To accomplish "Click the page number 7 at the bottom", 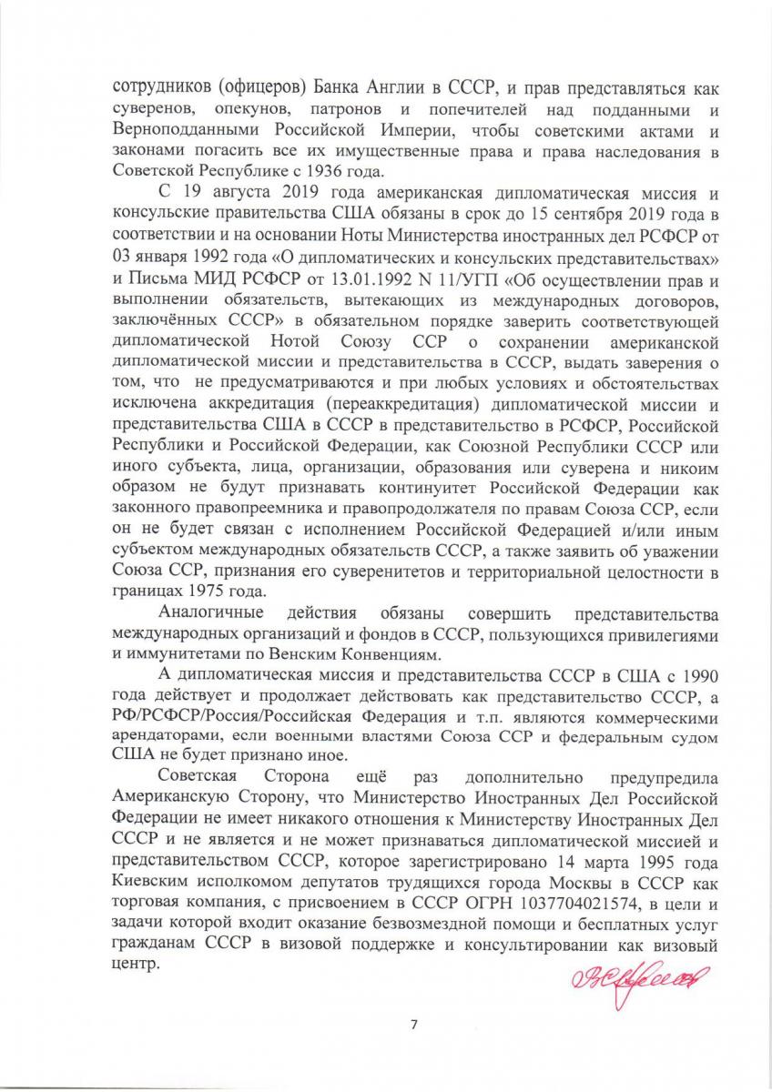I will tap(414, 1026).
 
